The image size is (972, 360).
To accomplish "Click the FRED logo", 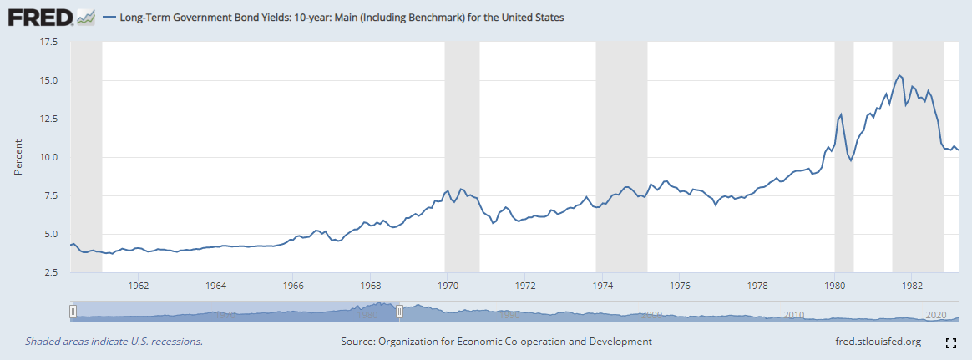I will point(38,17).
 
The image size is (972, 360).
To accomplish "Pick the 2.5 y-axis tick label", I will point(49,272).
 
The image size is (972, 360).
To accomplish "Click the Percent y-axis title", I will point(18,157).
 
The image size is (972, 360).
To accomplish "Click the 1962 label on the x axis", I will point(139,285).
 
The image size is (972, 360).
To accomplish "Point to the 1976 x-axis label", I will point(680,285).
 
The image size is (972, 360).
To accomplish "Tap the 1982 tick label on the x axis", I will point(911,285).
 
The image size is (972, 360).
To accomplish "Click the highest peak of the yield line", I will point(899,75).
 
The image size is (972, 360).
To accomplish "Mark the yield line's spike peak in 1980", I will point(841,114).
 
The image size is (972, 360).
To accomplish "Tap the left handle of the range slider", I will point(73,312).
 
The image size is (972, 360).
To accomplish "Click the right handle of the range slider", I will point(399,312).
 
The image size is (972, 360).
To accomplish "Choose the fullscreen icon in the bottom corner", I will point(950,342).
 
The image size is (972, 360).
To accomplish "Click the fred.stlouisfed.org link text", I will point(878,342).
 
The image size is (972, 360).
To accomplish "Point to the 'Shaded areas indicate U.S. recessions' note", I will point(114,342).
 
